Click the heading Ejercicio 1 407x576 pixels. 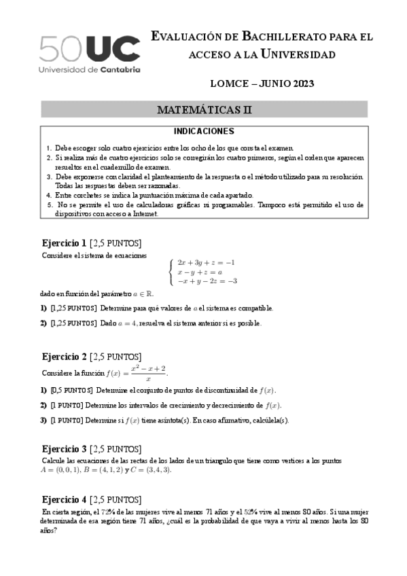pos(65,242)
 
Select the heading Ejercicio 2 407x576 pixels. pos(65,357)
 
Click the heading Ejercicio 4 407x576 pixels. pos(65,499)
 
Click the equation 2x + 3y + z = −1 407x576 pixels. pos(206,262)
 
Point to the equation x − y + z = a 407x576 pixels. pos(200,272)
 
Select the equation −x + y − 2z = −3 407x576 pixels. pos(207,281)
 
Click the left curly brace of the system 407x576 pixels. pos(171,272)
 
